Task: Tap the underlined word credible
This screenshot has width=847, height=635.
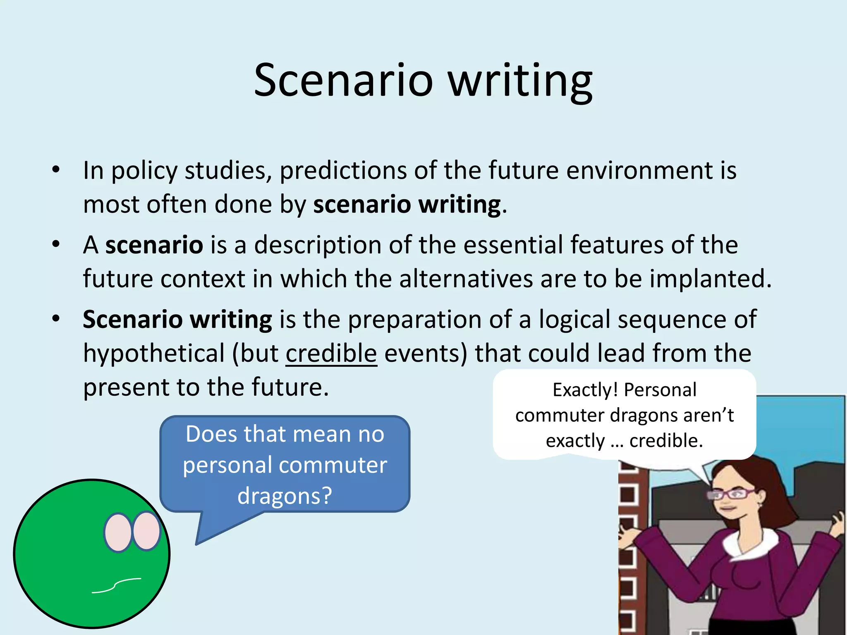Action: [331, 353]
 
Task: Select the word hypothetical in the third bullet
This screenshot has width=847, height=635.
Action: [153, 353]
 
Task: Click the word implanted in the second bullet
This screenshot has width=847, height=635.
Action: [706, 279]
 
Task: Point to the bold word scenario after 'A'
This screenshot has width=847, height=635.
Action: [154, 245]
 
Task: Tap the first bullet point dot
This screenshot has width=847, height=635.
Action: [56, 169]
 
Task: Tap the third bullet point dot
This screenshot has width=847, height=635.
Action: [56, 319]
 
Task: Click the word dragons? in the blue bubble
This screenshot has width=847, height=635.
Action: [285, 495]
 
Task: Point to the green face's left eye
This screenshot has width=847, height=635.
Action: [118, 532]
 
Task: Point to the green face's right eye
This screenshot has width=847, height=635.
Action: [146, 531]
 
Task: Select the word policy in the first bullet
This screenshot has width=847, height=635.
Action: [144, 170]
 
